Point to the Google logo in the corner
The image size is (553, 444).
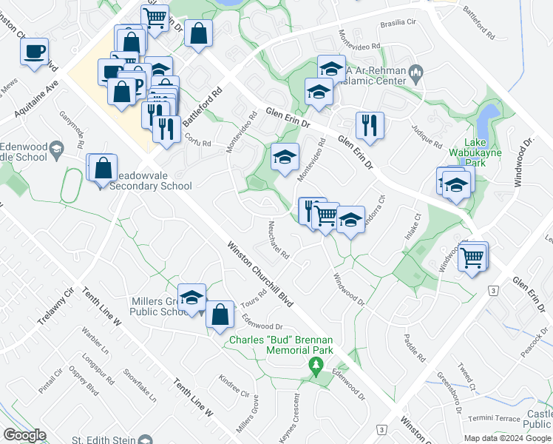point(24,435)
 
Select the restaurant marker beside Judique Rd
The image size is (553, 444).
point(369,126)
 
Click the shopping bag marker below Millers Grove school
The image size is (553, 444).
point(220,314)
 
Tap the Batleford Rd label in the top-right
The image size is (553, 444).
point(478,23)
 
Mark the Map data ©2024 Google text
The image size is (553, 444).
point(507,438)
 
